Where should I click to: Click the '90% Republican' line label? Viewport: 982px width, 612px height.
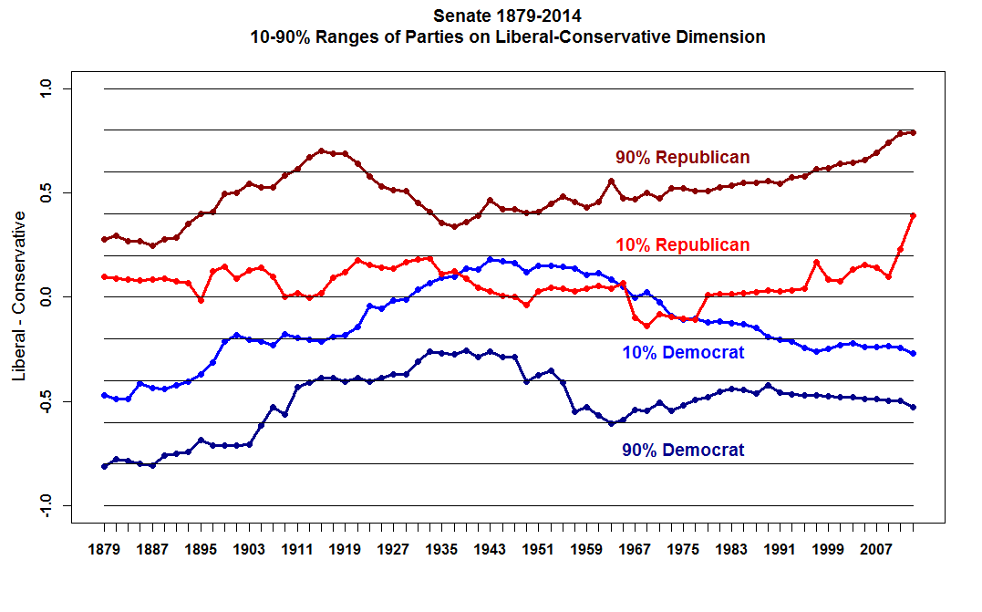[x=682, y=158]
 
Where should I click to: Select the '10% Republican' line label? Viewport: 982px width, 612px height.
[x=682, y=245]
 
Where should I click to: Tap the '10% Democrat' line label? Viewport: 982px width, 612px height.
[x=683, y=353]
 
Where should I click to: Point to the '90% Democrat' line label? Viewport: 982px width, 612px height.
[x=683, y=451]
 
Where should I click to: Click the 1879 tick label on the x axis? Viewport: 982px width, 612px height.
[x=104, y=550]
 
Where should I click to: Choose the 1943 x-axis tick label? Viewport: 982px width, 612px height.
[x=490, y=550]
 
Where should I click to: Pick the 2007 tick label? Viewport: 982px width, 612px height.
[x=876, y=550]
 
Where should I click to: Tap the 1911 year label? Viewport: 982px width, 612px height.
[x=296, y=550]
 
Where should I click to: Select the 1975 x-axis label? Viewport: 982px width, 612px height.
[x=683, y=550]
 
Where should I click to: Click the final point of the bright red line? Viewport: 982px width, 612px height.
[x=913, y=216]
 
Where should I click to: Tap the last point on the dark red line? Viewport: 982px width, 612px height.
[x=913, y=132]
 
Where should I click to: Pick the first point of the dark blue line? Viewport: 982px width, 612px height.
[x=104, y=466]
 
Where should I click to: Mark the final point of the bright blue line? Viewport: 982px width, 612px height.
[x=913, y=354]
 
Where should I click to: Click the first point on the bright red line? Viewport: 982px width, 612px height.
[x=104, y=276]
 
